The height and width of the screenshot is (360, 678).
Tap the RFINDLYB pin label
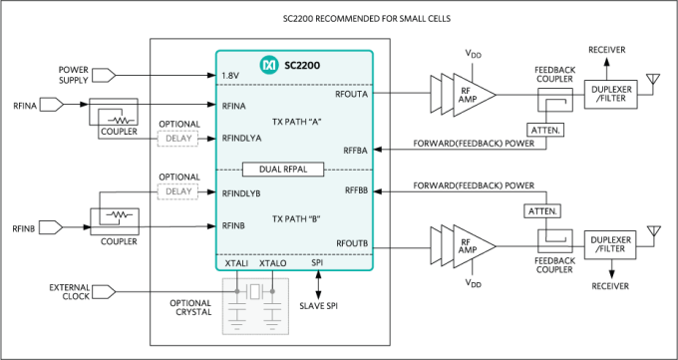coord(240,192)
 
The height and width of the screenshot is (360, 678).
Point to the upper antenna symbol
coord(653,77)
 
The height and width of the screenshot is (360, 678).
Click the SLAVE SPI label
coord(319,305)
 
